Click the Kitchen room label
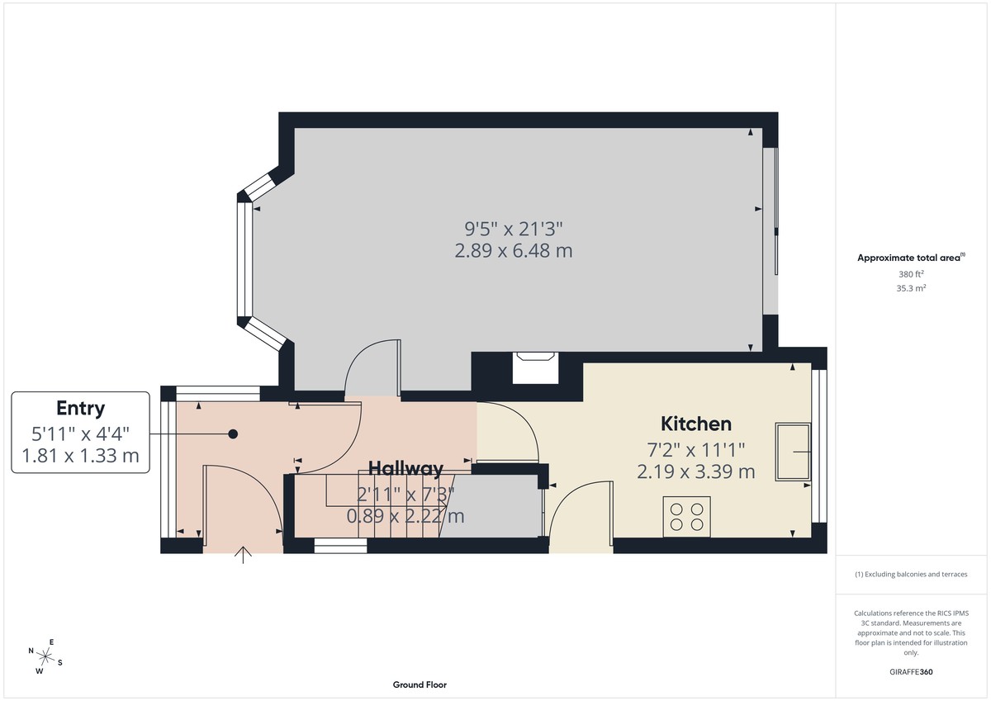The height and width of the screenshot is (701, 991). [x=696, y=424]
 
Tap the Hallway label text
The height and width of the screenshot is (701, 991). [x=405, y=468]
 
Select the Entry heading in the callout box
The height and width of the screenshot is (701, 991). [x=80, y=408]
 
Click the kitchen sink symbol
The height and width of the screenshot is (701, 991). [x=793, y=452]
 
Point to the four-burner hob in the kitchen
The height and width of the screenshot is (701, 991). [x=686, y=517]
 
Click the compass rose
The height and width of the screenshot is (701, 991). [x=45, y=656]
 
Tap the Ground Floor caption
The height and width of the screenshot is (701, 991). [x=420, y=684]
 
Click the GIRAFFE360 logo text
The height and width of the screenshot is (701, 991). [x=910, y=672]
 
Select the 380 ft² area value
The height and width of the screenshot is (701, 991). [x=910, y=274]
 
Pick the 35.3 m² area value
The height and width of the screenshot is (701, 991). [x=910, y=288]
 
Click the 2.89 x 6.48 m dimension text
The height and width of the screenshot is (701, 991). [x=513, y=250]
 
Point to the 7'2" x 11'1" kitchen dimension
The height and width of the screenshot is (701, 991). [x=696, y=450]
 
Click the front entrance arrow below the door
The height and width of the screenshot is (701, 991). [x=244, y=555]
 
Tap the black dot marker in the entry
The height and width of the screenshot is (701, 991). [x=234, y=433]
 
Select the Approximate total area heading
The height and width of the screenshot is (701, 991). [x=910, y=258]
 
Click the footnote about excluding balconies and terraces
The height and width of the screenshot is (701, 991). [x=910, y=574]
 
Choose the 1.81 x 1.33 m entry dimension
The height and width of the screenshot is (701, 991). [x=80, y=454]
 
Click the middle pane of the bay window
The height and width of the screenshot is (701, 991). [x=244, y=258]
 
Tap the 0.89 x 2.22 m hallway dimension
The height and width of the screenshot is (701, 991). [x=405, y=517]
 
